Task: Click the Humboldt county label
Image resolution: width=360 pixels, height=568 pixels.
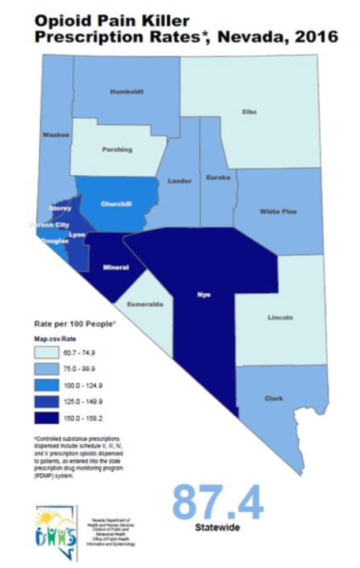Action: click(x=126, y=91)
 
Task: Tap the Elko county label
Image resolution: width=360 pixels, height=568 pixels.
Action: click(x=249, y=111)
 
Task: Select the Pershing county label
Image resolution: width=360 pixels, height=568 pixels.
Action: click(x=117, y=150)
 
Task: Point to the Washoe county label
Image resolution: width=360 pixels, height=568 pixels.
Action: click(x=56, y=134)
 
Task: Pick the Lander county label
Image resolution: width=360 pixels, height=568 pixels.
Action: click(x=179, y=181)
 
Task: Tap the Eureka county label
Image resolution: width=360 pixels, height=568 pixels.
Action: click(x=218, y=178)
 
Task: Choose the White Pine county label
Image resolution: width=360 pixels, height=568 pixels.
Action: click(x=278, y=211)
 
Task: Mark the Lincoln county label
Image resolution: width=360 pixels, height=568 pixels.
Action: click(x=281, y=317)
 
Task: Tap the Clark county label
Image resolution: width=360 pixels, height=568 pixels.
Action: click(x=273, y=397)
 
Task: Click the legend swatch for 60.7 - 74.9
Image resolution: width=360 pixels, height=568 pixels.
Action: click(x=55, y=353)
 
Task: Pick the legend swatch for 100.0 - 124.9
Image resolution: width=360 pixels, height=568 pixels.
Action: click(x=55, y=384)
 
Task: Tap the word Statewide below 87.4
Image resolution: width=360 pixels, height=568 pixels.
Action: click(x=217, y=528)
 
